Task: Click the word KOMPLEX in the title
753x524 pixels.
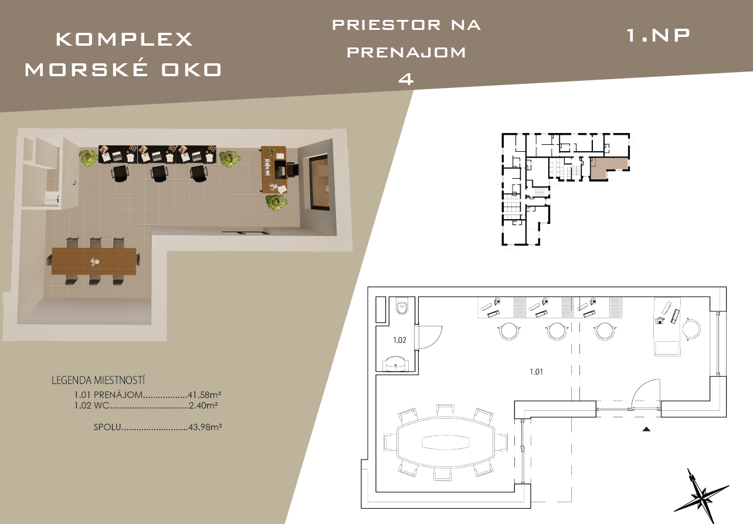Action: tap(124, 39)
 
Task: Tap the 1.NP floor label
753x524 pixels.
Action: tap(658, 35)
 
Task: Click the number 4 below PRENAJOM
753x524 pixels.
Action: tap(406, 79)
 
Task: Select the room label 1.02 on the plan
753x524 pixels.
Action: tap(400, 340)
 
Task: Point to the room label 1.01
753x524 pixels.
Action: tap(536, 372)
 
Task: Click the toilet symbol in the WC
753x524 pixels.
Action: tap(402, 307)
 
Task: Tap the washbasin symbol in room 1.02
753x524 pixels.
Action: tap(396, 364)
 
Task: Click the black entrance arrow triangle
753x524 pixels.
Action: tap(646, 429)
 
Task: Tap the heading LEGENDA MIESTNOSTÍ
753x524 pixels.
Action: tap(98, 380)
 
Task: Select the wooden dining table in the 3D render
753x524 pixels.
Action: tap(94, 261)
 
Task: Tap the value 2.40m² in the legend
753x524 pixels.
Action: tap(203, 405)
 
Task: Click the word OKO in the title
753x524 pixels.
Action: tap(191, 70)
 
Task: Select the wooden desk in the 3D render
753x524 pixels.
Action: tap(273, 169)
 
